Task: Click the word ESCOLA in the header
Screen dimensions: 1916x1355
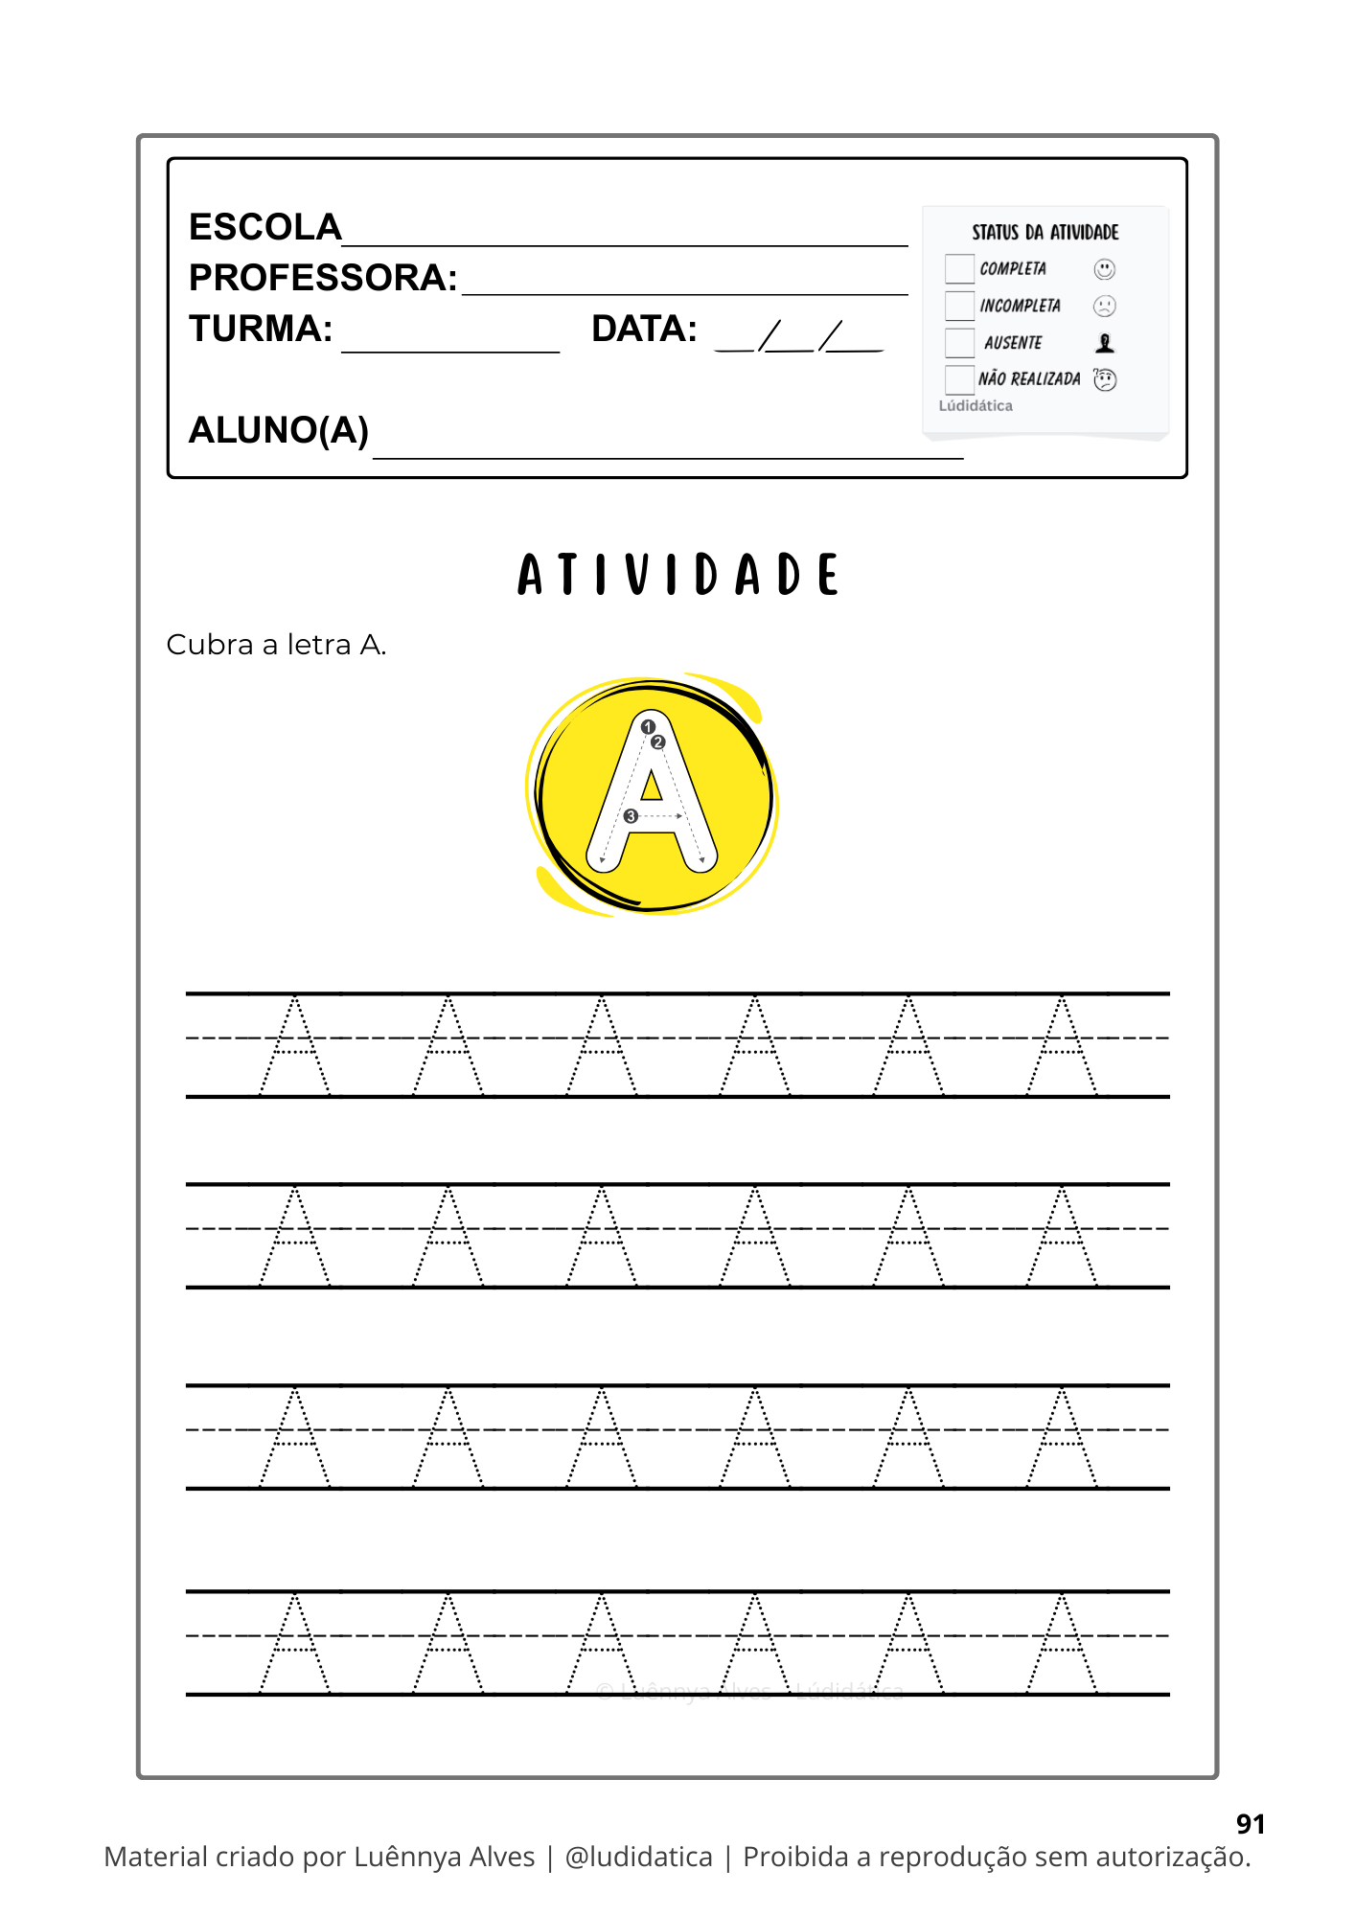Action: [265, 228]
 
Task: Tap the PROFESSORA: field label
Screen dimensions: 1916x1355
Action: [323, 278]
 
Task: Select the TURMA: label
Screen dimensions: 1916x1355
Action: [261, 329]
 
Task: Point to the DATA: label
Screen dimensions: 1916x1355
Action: [644, 329]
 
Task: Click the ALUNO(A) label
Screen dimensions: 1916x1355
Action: [279, 430]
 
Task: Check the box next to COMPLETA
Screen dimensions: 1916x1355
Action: [959, 269]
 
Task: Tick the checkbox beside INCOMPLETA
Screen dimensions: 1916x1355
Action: [959, 306]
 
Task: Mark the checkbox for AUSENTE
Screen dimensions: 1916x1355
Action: [959, 342]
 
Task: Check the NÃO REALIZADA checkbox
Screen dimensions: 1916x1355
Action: [959, 379]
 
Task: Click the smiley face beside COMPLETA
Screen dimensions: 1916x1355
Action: [1105, 269]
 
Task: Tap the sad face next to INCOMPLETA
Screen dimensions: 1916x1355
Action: [1105, 306]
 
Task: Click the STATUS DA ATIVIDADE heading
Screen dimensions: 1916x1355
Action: [1045, 233]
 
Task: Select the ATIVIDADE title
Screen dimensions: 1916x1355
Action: [677, 575]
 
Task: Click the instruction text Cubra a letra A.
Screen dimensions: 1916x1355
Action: [276, 645]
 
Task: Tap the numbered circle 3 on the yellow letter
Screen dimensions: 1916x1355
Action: [631, 816]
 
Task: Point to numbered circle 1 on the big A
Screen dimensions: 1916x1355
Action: [648, 727]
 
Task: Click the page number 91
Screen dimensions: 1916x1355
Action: [1251, 1824]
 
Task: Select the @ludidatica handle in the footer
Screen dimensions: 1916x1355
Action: [639, 1857]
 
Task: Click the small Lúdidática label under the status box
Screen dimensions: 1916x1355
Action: [976, 406]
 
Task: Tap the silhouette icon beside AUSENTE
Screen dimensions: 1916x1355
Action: [1105, 343]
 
